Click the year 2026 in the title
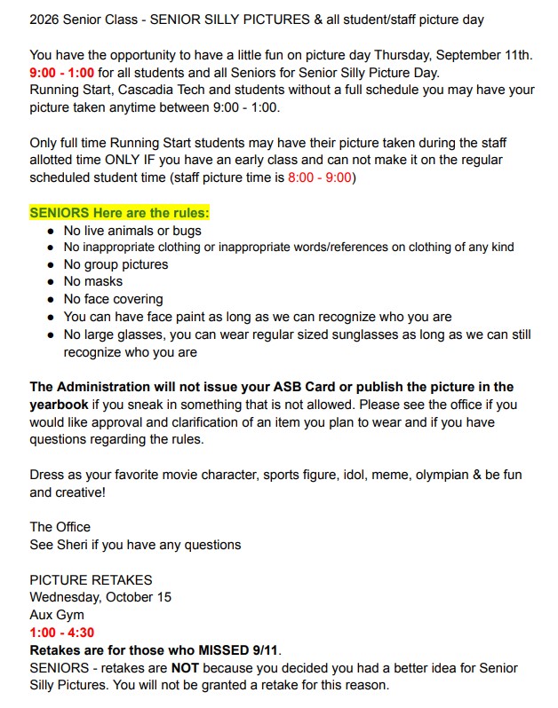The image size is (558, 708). tap(47, 19)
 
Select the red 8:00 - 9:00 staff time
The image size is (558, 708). tap(321, 177)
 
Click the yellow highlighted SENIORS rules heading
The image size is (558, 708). tap(119, 213)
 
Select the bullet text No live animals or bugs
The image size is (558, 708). tap(132, 231)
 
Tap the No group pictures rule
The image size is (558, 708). tap(116, 264)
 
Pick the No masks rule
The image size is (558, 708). tap(93, 282)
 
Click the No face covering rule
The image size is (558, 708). tap(113, 300)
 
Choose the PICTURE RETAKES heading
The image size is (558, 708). tap(91, 580)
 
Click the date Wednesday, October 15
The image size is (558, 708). tap(100, 597)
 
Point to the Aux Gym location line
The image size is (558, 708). tap(57, 615)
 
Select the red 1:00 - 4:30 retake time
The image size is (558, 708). tap(62, 633)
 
